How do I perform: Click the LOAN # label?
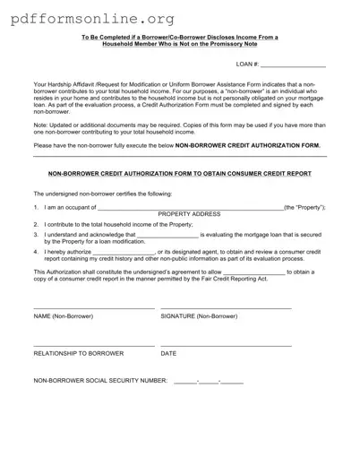pyautogui.click(x=248, y=65)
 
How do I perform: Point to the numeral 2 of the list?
pyautogui.click(x=36, y=224)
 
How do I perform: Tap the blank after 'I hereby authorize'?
pyautogui.click(x=124, y=253)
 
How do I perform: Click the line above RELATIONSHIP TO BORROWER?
pyautogui.click(x=93, y=345)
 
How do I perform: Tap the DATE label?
pyautogui.click(x=168, y=353)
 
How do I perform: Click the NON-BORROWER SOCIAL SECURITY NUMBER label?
pyautogui.click(x=100, y=381)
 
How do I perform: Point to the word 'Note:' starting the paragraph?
pyautogui.click(x=41, y=126)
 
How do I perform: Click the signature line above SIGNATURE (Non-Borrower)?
pyautogui.click(x=226, y=308)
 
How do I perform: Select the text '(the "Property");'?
pyautogui.click(x=304, y=207)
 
